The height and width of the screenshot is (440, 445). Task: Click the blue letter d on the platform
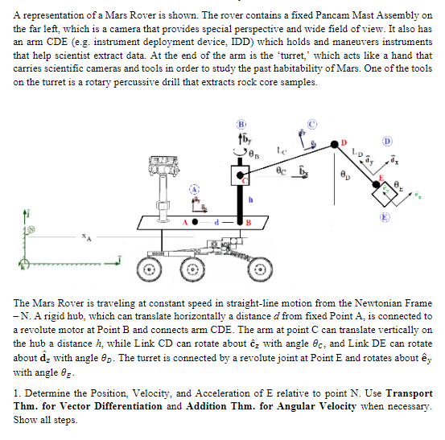pyautogui.click(x=216, y=220)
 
